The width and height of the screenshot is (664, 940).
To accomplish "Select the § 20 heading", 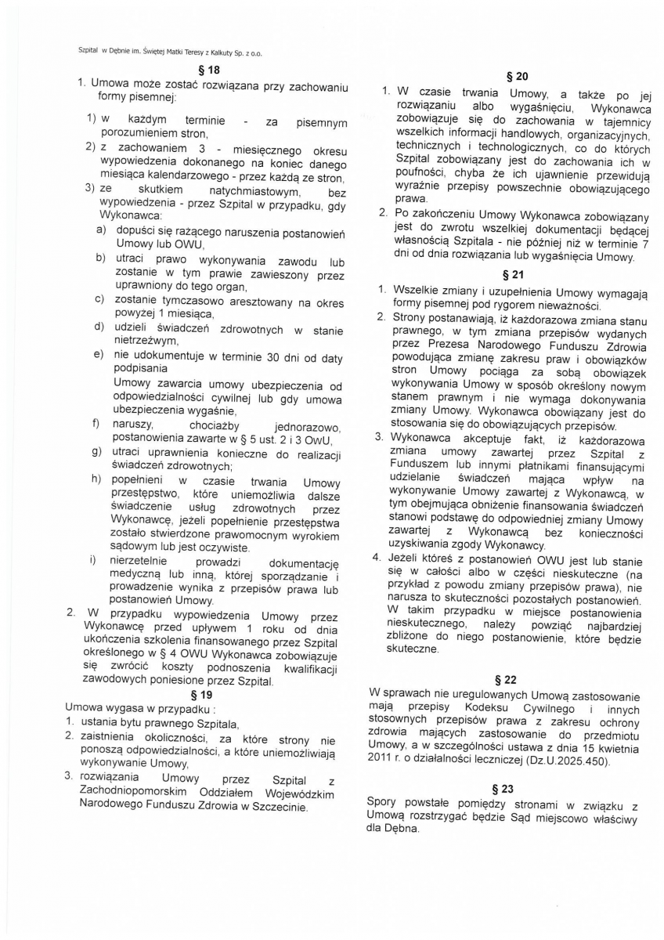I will click(518, 76).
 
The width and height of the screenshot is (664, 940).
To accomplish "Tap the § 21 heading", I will click(518, 274).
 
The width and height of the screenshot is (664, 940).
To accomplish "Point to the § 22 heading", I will click(506, 679).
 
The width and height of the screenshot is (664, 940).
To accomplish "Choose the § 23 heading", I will click(506, 789).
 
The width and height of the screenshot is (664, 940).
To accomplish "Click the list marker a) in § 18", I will click(100, 230).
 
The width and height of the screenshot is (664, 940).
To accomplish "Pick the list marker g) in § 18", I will click(96, 451).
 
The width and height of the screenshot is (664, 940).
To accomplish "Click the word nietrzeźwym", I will click(146, 342).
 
